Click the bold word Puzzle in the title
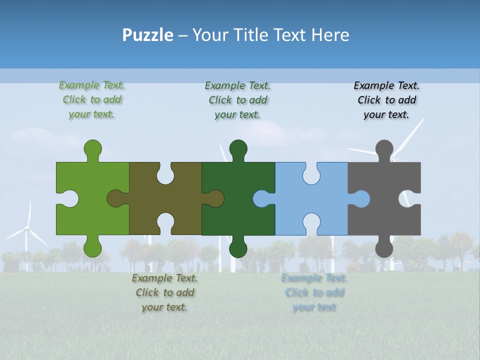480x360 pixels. pyautogui.click(x=148, y=35)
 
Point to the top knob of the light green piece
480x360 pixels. pyautogui.click(x=92, y=148)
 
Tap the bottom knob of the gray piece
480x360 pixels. pyautogui.click(x=384, y=248)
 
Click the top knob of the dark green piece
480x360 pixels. pyautogui.click(x=238, y=148)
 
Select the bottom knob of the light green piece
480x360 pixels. pyautogui.click(x=92, y=248)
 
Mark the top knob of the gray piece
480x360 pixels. pyautogui.click(x=384, y=148)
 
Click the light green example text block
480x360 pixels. pyautogui.click(x=92, y=99)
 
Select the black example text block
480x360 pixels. pyautogui.click(x=386, y=99)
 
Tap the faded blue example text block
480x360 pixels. pyautogui.click(x=314, y=292)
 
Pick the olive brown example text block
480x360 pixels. pyautogui.click(x=164, y=292)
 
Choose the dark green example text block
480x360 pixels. pyautogui.click(x=237, y=99)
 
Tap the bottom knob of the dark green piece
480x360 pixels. pyautogui.click(x=238, y=248)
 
